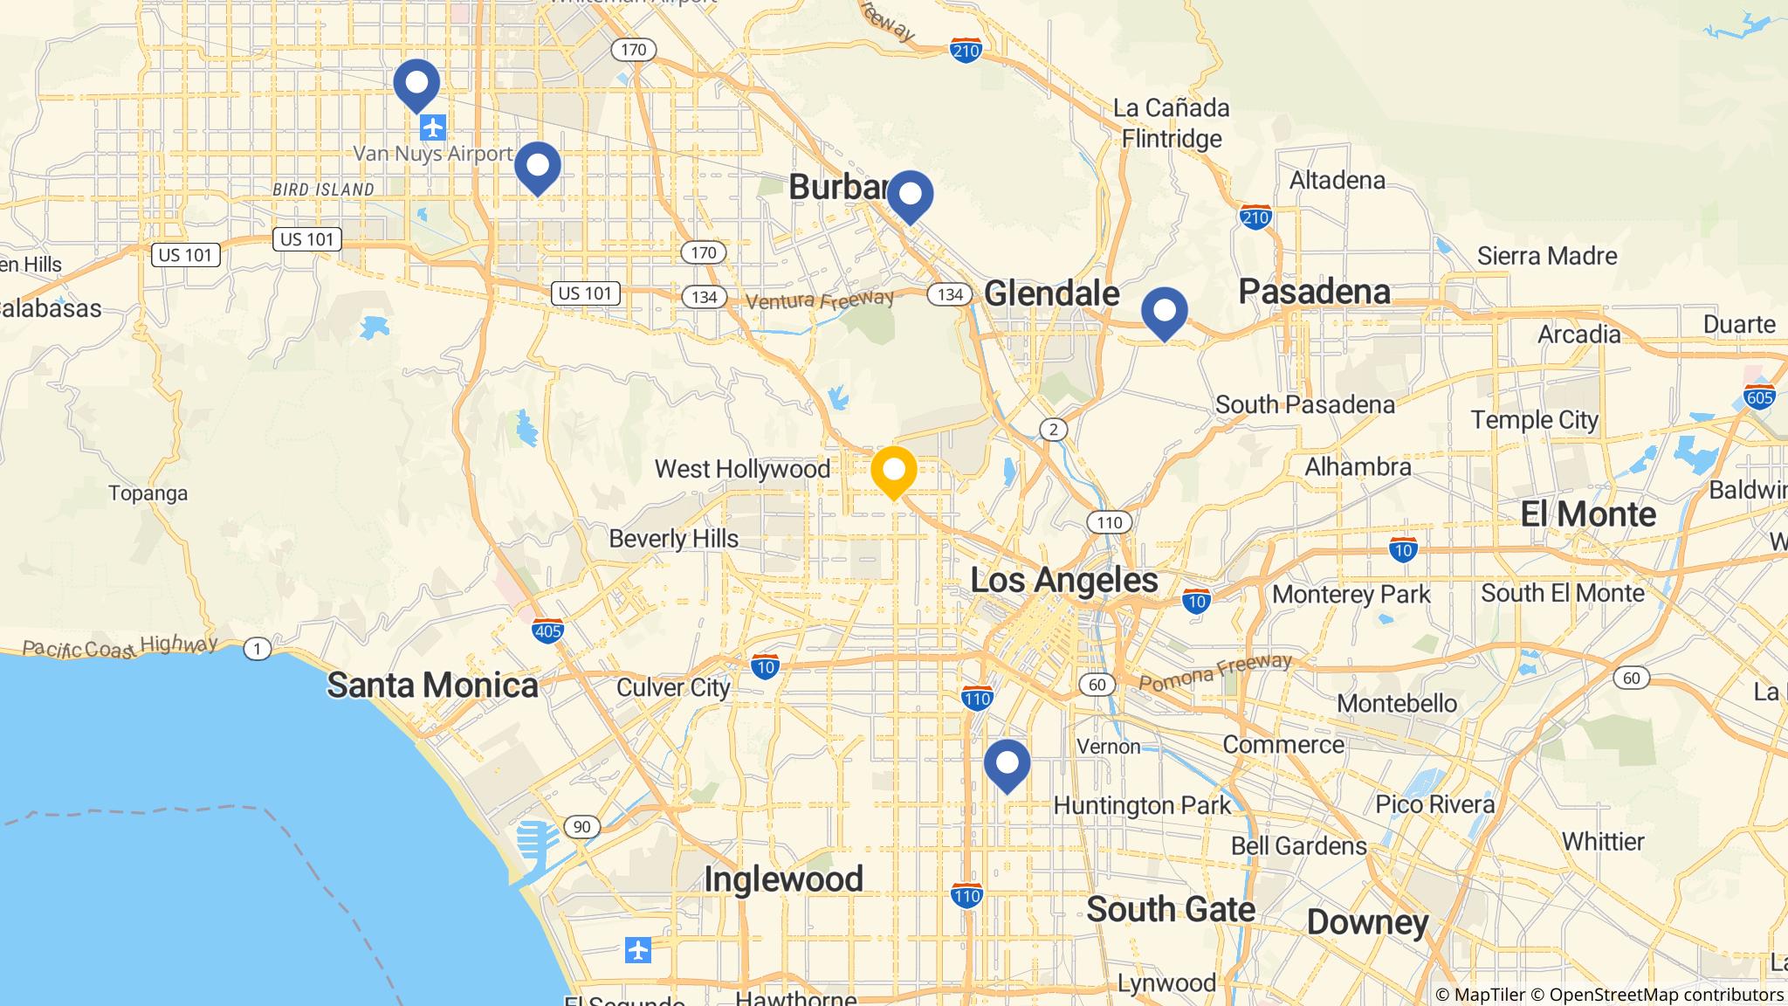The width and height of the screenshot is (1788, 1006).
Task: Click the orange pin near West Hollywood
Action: coord(893,472)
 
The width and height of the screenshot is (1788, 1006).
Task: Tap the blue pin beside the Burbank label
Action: coord(910,195)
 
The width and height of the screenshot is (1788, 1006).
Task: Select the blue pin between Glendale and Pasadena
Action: coord(1165,312)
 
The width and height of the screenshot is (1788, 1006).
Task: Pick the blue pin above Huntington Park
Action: coord(1007,764)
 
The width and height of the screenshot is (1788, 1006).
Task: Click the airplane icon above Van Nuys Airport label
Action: coord(432,128)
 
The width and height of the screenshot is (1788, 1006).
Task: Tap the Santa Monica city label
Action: coord(432,686)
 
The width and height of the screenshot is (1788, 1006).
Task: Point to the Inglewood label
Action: coord(783,879)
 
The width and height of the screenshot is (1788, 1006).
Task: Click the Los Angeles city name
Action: coord(1064,580)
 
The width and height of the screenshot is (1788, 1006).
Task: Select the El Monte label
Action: coord(1588,514)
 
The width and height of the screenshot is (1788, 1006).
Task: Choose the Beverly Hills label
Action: coord(673,539)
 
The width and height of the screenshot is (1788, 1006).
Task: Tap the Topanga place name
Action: coord(148,493)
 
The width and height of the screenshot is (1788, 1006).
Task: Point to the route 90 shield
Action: coord(581,827)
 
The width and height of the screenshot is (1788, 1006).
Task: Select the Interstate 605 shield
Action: coord(1759,396)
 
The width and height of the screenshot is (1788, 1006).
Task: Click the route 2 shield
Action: coord(1054,429)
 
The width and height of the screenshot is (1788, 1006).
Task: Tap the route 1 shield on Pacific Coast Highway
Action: coord(257,649)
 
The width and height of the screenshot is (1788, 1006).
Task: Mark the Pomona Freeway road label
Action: coord(1214,672)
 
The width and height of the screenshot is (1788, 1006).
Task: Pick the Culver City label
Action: coord(673,688)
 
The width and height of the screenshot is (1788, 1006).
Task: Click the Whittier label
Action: coord(1603,842)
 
